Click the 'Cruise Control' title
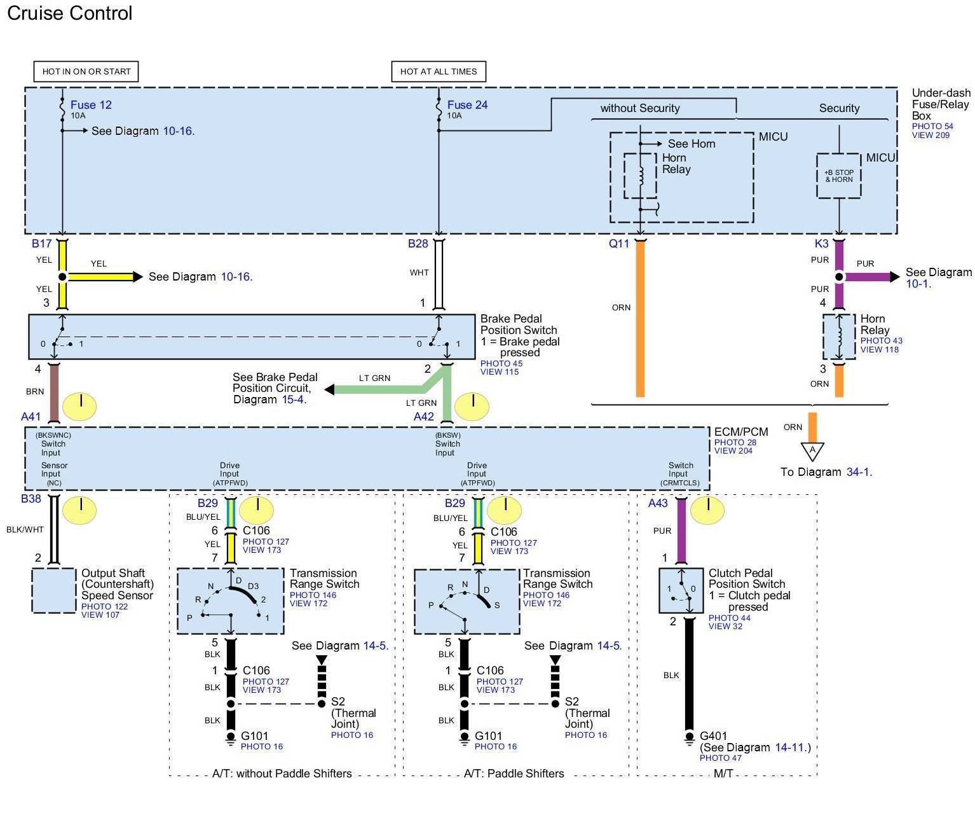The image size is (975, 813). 69,13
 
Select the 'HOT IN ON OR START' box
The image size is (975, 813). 86,71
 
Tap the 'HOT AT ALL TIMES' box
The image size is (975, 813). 438,71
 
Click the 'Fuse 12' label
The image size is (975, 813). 91,105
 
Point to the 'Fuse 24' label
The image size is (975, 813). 467,105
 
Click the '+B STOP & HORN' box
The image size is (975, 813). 838,176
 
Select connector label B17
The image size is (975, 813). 41,243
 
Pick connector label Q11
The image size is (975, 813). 618,243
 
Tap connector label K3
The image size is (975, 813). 821,243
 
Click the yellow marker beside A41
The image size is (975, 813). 79,406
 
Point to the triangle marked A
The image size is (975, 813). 812,451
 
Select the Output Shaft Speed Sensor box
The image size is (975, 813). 53,590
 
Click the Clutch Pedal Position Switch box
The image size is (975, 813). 680,590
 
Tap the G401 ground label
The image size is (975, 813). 713,735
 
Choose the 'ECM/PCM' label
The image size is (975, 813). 740,431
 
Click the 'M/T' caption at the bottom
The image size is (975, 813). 723,774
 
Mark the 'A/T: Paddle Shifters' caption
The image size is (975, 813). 514,774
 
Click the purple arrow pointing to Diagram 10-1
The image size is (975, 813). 869,276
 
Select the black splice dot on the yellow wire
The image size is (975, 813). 62,276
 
